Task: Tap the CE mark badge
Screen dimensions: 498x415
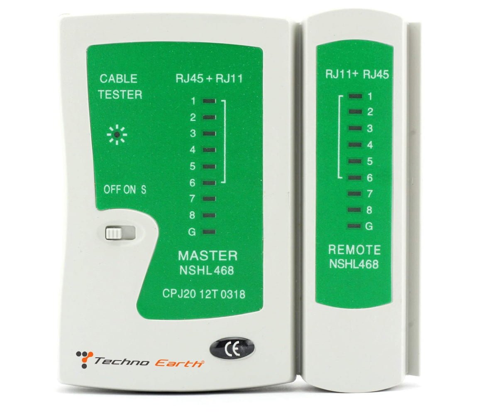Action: tap(232, 349)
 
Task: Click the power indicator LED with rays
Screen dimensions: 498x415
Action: tap(117, 135)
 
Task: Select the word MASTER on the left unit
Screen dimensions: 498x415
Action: tap(207, 256)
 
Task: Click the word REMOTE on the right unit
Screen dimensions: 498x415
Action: tap(354, 250)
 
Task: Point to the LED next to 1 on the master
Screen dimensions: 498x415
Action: tap(209, 101)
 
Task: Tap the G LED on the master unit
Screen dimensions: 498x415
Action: tap(209, 232)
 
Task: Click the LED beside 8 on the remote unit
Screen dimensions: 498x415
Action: tap(355, 210)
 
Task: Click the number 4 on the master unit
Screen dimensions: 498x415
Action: tap(193, 150)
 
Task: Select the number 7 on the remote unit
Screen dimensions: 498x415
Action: tap(369, 194)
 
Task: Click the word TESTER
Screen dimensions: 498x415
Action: tap(120, 95)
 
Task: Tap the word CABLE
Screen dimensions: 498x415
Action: tap(118, 79)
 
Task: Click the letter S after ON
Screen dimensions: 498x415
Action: tap(143, 190)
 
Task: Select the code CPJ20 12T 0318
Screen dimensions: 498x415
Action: tap(204, 294)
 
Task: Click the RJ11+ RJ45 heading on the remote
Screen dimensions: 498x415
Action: tap(357, 74)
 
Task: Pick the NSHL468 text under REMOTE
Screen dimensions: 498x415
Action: tap(354, 264)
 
